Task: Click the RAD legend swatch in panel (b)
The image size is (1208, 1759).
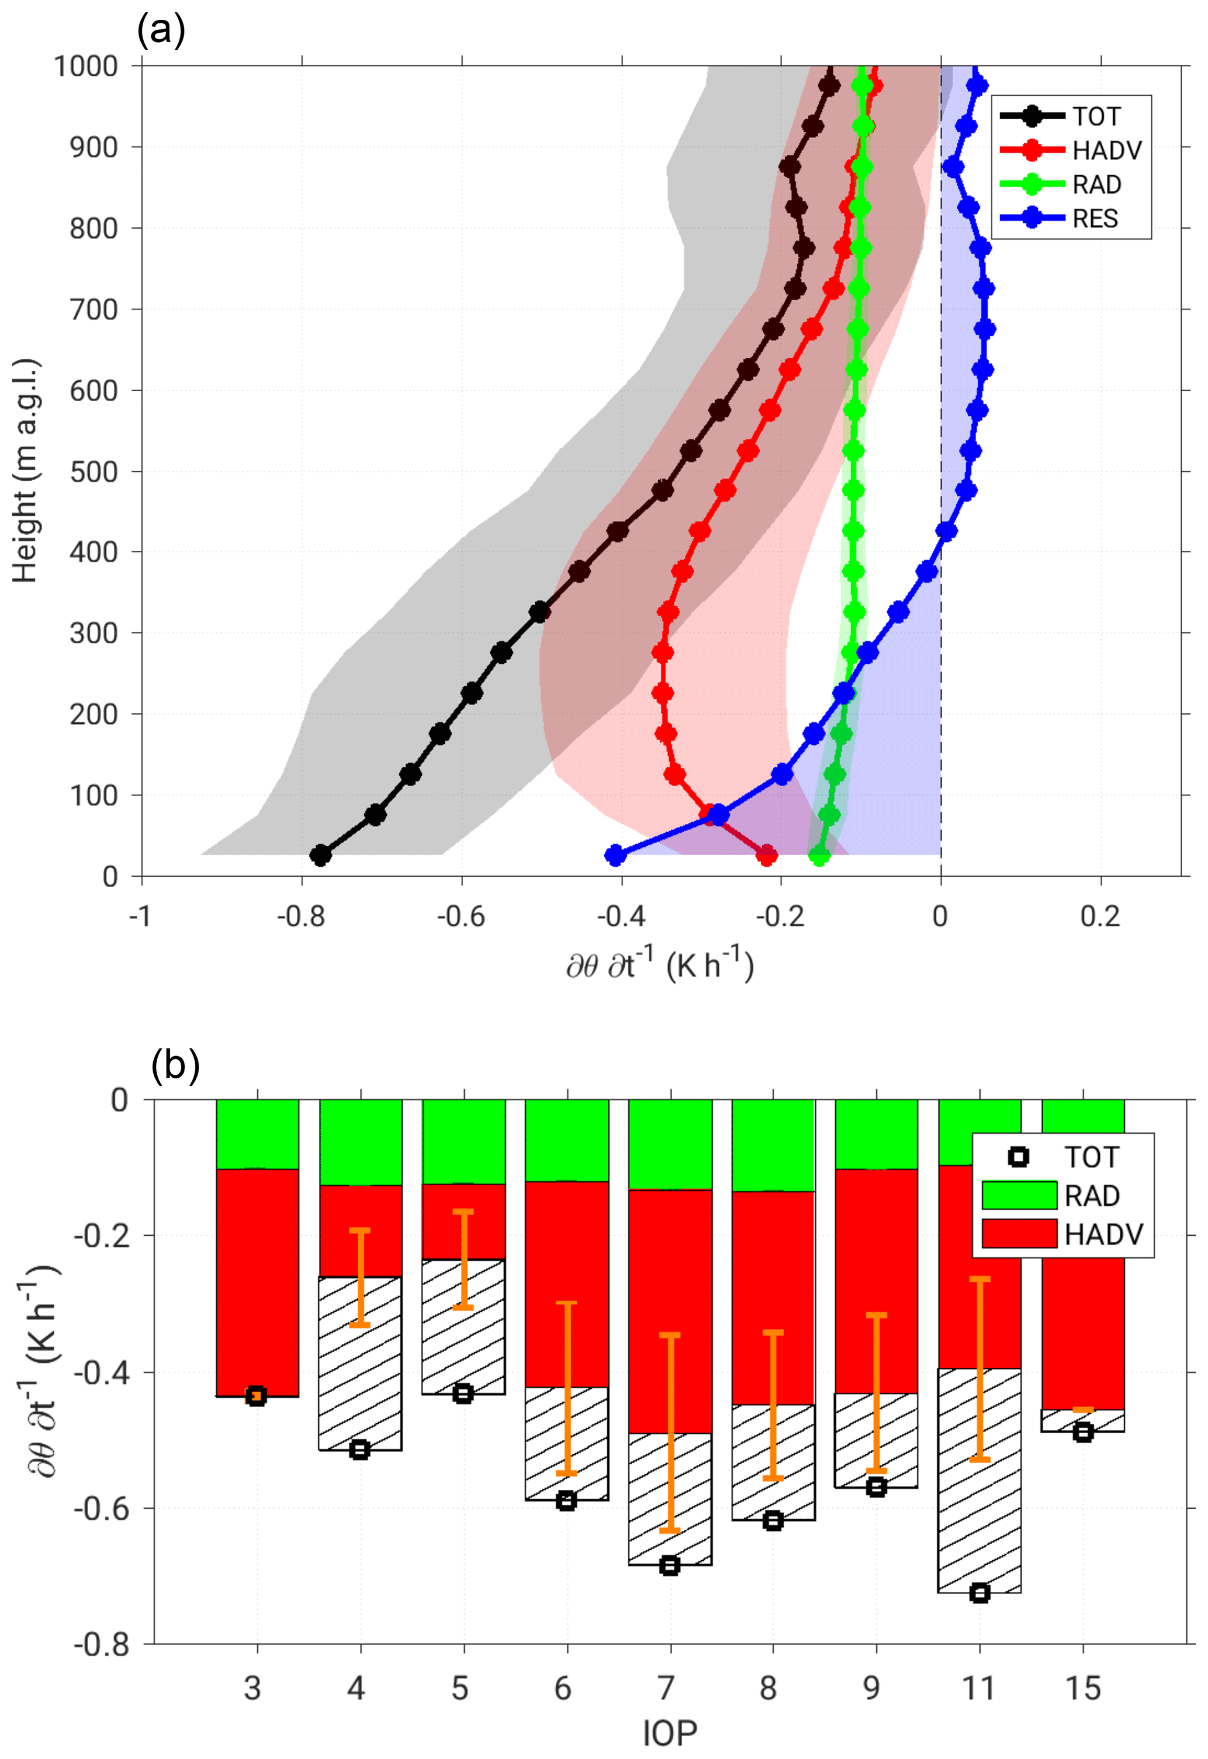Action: pos(1019,1196)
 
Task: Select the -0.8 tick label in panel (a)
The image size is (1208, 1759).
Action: pos(300,917)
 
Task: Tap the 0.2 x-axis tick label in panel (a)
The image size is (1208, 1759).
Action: pos(1100,917)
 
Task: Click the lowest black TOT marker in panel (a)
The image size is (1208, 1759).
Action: pos(321,856)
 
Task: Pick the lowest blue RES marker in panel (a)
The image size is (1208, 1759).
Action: pos(615,856)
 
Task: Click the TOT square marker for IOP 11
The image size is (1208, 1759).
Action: pos(979,1593)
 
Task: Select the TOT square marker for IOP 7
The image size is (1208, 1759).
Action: pos(669,1566)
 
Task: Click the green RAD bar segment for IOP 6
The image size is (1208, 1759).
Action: pos(567,1140)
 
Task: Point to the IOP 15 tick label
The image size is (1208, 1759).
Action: pos(1082,1689)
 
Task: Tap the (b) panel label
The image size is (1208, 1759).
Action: pos(175,1065)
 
